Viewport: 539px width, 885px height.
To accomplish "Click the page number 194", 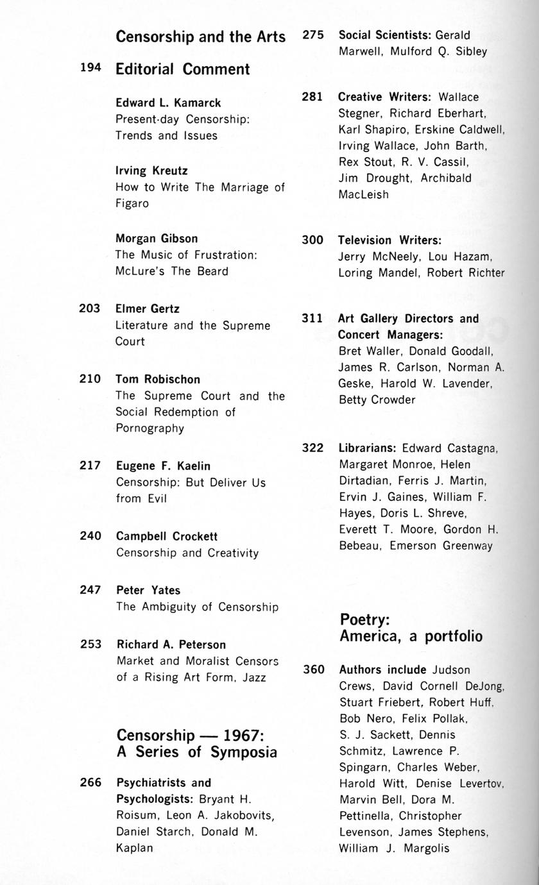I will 90,67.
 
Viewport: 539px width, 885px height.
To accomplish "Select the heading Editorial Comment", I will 182,69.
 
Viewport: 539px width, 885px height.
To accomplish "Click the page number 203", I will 90,308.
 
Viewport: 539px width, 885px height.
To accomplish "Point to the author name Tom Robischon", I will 158,380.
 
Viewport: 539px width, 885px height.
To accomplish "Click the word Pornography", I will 150,428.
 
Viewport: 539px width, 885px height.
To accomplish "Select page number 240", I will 90,536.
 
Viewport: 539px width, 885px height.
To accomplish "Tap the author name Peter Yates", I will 148,590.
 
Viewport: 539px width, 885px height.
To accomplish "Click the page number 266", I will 90,782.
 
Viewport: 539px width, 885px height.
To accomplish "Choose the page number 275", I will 313,35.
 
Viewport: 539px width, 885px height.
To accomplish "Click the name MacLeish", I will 363,194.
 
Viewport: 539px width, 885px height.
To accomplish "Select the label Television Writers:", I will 389,240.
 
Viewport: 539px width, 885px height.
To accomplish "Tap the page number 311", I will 312,318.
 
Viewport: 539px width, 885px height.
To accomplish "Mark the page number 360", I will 314,670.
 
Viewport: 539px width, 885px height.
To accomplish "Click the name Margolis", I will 427,848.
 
